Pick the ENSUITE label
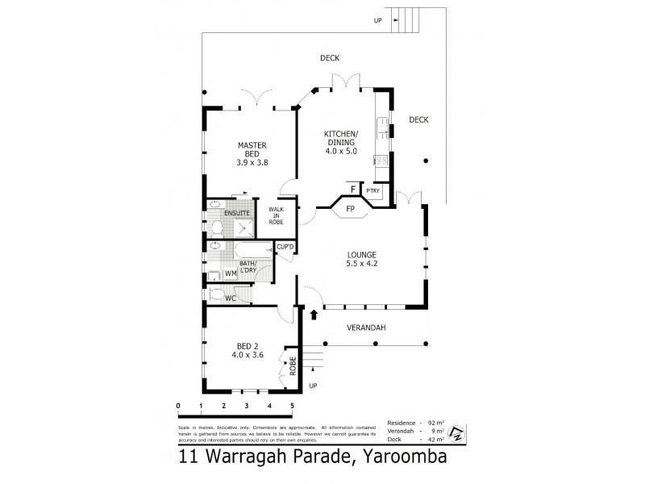[237, 212]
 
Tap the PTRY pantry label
[373, 191]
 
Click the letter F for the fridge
[352, 190]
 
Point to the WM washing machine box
[230, 273]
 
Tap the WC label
[230, 298]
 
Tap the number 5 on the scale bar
[292, 406]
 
